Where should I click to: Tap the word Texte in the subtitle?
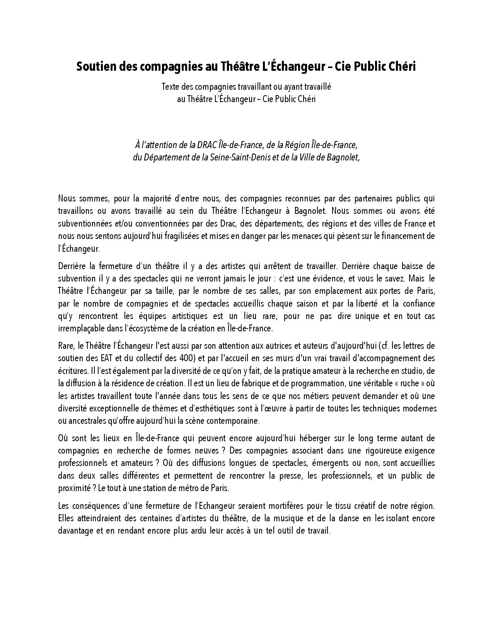point(170,87)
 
